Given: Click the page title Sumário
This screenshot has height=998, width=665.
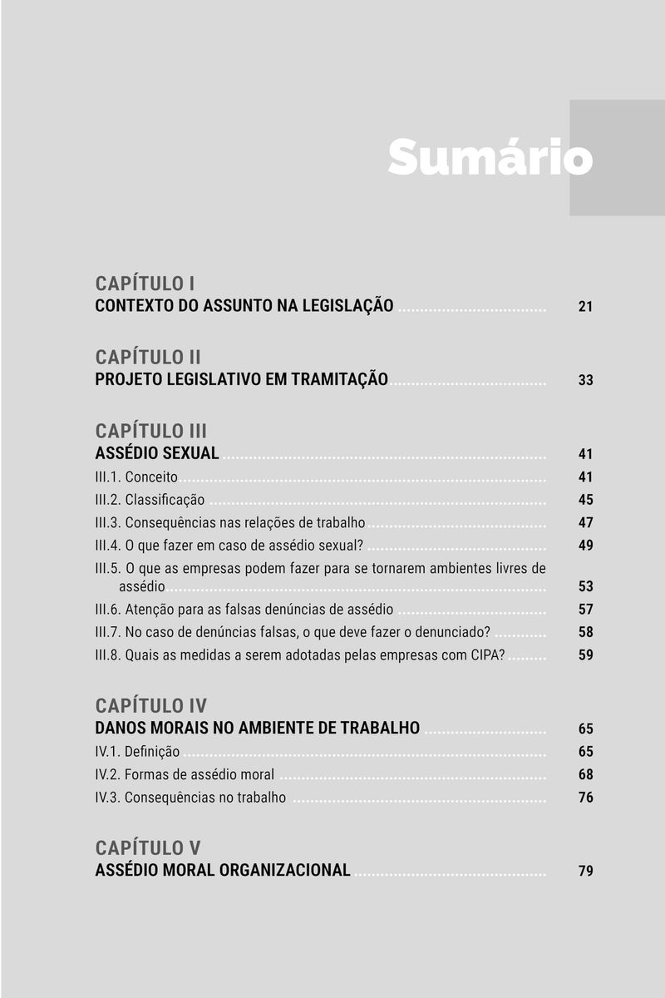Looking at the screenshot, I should point(489,157).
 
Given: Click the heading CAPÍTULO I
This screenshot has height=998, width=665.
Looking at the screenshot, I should point(145,283).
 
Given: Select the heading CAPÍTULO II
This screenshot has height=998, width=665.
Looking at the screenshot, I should point(148,357).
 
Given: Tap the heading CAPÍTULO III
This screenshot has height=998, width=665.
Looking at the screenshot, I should point(151,431).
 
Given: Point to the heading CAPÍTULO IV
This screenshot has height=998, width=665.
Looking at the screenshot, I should point(151,705).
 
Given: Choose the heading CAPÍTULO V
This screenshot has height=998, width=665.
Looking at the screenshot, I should point(148,848).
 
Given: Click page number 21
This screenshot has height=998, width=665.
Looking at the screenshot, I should point(585,307).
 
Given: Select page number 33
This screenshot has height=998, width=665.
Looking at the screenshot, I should point(585,380).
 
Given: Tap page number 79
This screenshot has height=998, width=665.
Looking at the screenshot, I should point(585,872).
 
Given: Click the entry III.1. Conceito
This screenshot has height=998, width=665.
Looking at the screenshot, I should point(136,477).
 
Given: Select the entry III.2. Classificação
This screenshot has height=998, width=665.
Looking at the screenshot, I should point(150,500).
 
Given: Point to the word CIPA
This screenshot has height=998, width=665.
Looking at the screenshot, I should point(486,655).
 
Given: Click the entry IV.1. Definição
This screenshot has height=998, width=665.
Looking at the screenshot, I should point(137,752).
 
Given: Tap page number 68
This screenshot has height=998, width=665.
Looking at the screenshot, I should point(585,775).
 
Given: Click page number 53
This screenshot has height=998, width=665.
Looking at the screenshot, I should point(585,586).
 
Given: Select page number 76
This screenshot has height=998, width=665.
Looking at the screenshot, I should point(585,798).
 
